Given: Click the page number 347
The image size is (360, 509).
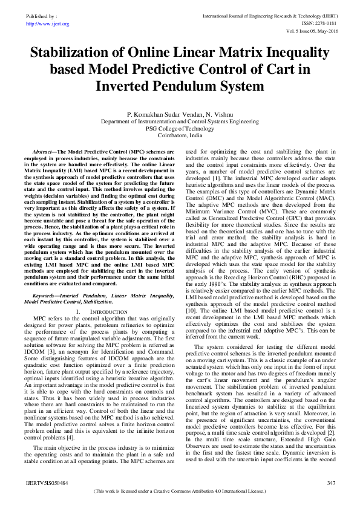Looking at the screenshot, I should point(330,484).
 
